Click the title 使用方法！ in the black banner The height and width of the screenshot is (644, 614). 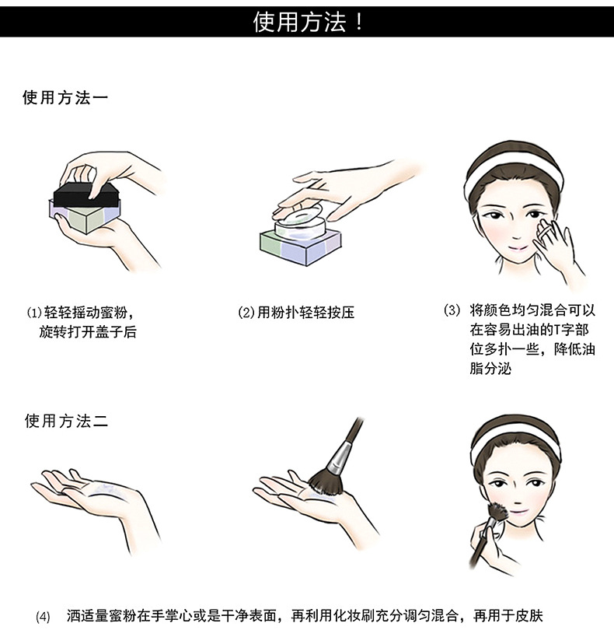pyautogui.click(x=308, y=22)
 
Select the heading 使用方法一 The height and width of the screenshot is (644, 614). pyautogui.click(x=65, y=98)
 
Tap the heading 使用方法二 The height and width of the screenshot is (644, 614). pyautogui.click(x=66, y=421)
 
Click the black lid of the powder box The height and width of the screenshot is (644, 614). pyautogui.click(x=86, y=195)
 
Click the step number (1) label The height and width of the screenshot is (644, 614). pyautogui.click(x=34, y=313)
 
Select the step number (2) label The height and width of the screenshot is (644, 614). pyautogui.click(x=246, y=313)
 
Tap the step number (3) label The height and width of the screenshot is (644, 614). pyautogui.click(x=452, y=310)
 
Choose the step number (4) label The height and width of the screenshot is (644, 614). pyautogui.click(x=43, y=617)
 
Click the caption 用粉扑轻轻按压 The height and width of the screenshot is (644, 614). pyautogui.click(x=305, y=313)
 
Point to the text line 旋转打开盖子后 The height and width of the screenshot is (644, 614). pyautogui.click(x=88, y=332)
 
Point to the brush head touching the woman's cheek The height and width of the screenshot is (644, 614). pyautogui.click(x=497, y=511)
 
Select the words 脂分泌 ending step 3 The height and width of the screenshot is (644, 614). pyautogui.click(x=491, y=369)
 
